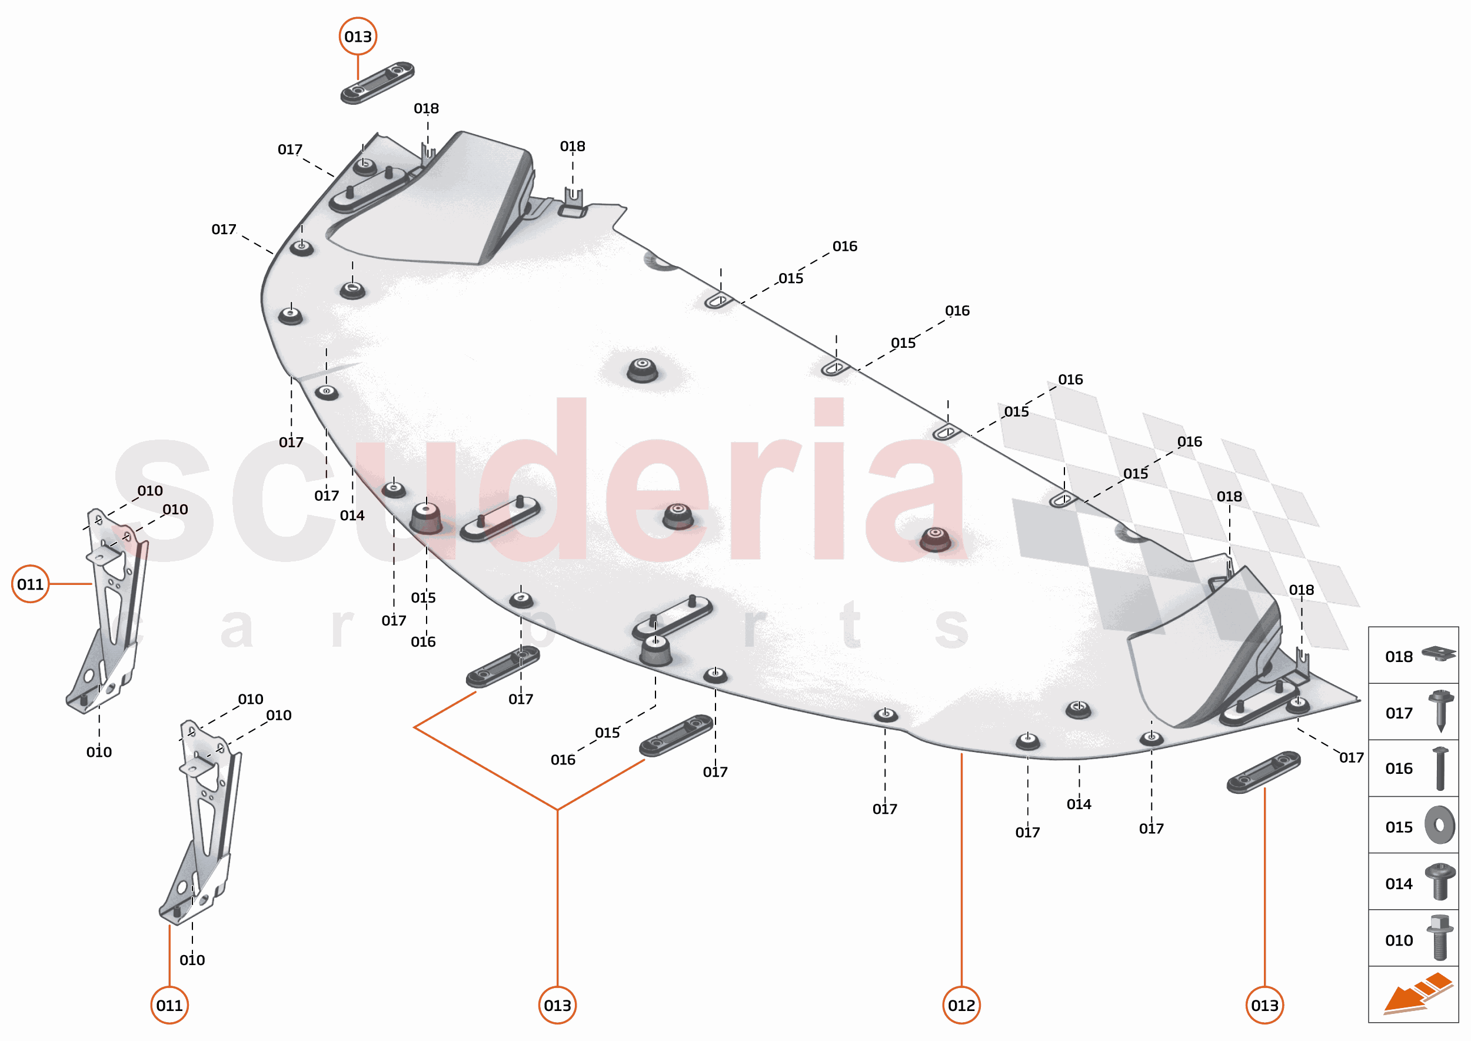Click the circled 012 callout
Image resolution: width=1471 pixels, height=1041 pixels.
click(x=961, y=1005)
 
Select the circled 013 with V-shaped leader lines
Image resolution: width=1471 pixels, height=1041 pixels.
click(x=557, y=1005)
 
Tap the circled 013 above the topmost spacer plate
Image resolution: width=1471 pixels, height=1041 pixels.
click(x=358, y=36)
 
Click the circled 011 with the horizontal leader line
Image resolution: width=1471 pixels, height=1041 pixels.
click(x=30, y=584)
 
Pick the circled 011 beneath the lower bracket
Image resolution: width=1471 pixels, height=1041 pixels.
click(x=169, y=1005)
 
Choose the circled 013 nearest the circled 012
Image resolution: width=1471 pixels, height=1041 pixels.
click(x=1264, y=1005)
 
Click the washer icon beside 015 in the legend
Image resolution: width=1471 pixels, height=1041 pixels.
click(x=1440, y=825)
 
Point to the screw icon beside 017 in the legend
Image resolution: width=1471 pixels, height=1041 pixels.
click(x=1440, y=711)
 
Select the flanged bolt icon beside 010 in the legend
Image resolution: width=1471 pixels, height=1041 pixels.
click(x=1440, y=938)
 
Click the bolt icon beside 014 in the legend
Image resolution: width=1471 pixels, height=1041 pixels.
click(x=1440, y=882)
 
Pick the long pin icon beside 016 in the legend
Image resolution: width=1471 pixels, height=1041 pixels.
click(x=1440, y=768)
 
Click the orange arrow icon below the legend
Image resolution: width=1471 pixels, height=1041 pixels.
click(x=1416, y=993)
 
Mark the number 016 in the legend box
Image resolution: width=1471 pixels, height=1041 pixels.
click(x=1399, y=769)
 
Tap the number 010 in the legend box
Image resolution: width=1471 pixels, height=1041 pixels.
click(x=1399, y=940)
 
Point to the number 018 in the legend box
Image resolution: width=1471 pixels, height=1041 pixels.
click(x=1399, y=656)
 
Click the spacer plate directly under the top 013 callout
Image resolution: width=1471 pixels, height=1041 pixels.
click(x=377, y=83)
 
